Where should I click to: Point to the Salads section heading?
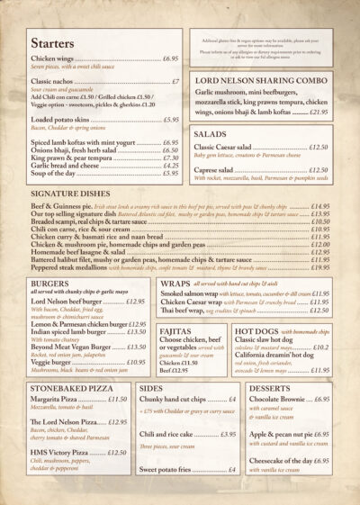click(x=211, y=133)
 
